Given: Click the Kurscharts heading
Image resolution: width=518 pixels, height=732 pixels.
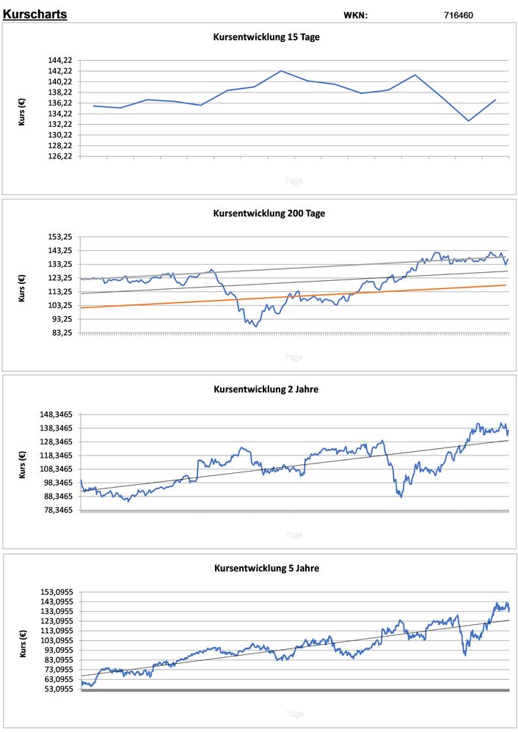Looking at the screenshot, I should click(x=35, y=14).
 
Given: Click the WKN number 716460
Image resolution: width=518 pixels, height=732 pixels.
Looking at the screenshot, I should click(x=459, y=15).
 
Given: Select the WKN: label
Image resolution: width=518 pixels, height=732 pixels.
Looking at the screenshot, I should click(x=356, y=15).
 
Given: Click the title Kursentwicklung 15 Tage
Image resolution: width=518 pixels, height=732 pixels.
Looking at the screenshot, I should click(x=266, y=37).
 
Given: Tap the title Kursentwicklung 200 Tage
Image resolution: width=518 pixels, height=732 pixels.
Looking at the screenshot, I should click(x=269, y=213).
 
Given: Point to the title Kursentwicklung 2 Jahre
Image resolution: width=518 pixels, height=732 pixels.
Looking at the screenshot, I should click(x=266, y=389).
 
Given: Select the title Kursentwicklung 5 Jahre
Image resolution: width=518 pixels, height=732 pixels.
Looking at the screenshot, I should click(x=266, y=568).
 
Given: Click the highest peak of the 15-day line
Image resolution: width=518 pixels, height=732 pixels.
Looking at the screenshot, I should click(x=281, y=71).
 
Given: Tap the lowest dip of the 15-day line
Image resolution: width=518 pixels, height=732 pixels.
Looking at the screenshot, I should click(x=468, y=121).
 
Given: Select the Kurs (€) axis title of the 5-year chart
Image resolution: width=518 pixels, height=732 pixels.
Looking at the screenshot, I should click(x=23, y=641).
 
